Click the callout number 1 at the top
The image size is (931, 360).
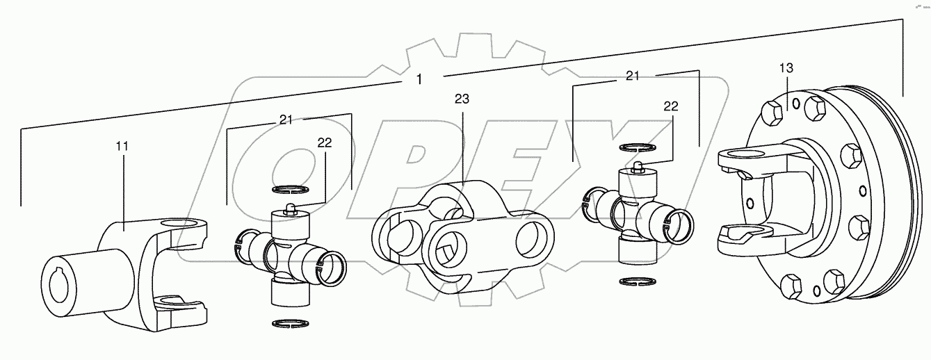pyautogui.click(x=419, y=79)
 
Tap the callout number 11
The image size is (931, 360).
pyautogui.click(x=122, y=146)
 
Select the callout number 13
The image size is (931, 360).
pyautogui.click(x=785, y=68)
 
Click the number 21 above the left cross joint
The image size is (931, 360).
pyautogui.click(x=286, y=120)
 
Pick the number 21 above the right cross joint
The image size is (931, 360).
pyautogui.click(x=632, y=76)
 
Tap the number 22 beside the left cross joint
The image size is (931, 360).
pyautogui.click(x=324, y=142)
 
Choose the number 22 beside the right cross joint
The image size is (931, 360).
pyautogui.click(x=670, y=106)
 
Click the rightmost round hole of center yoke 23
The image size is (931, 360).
pyautogui.click(x=533, y=240)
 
